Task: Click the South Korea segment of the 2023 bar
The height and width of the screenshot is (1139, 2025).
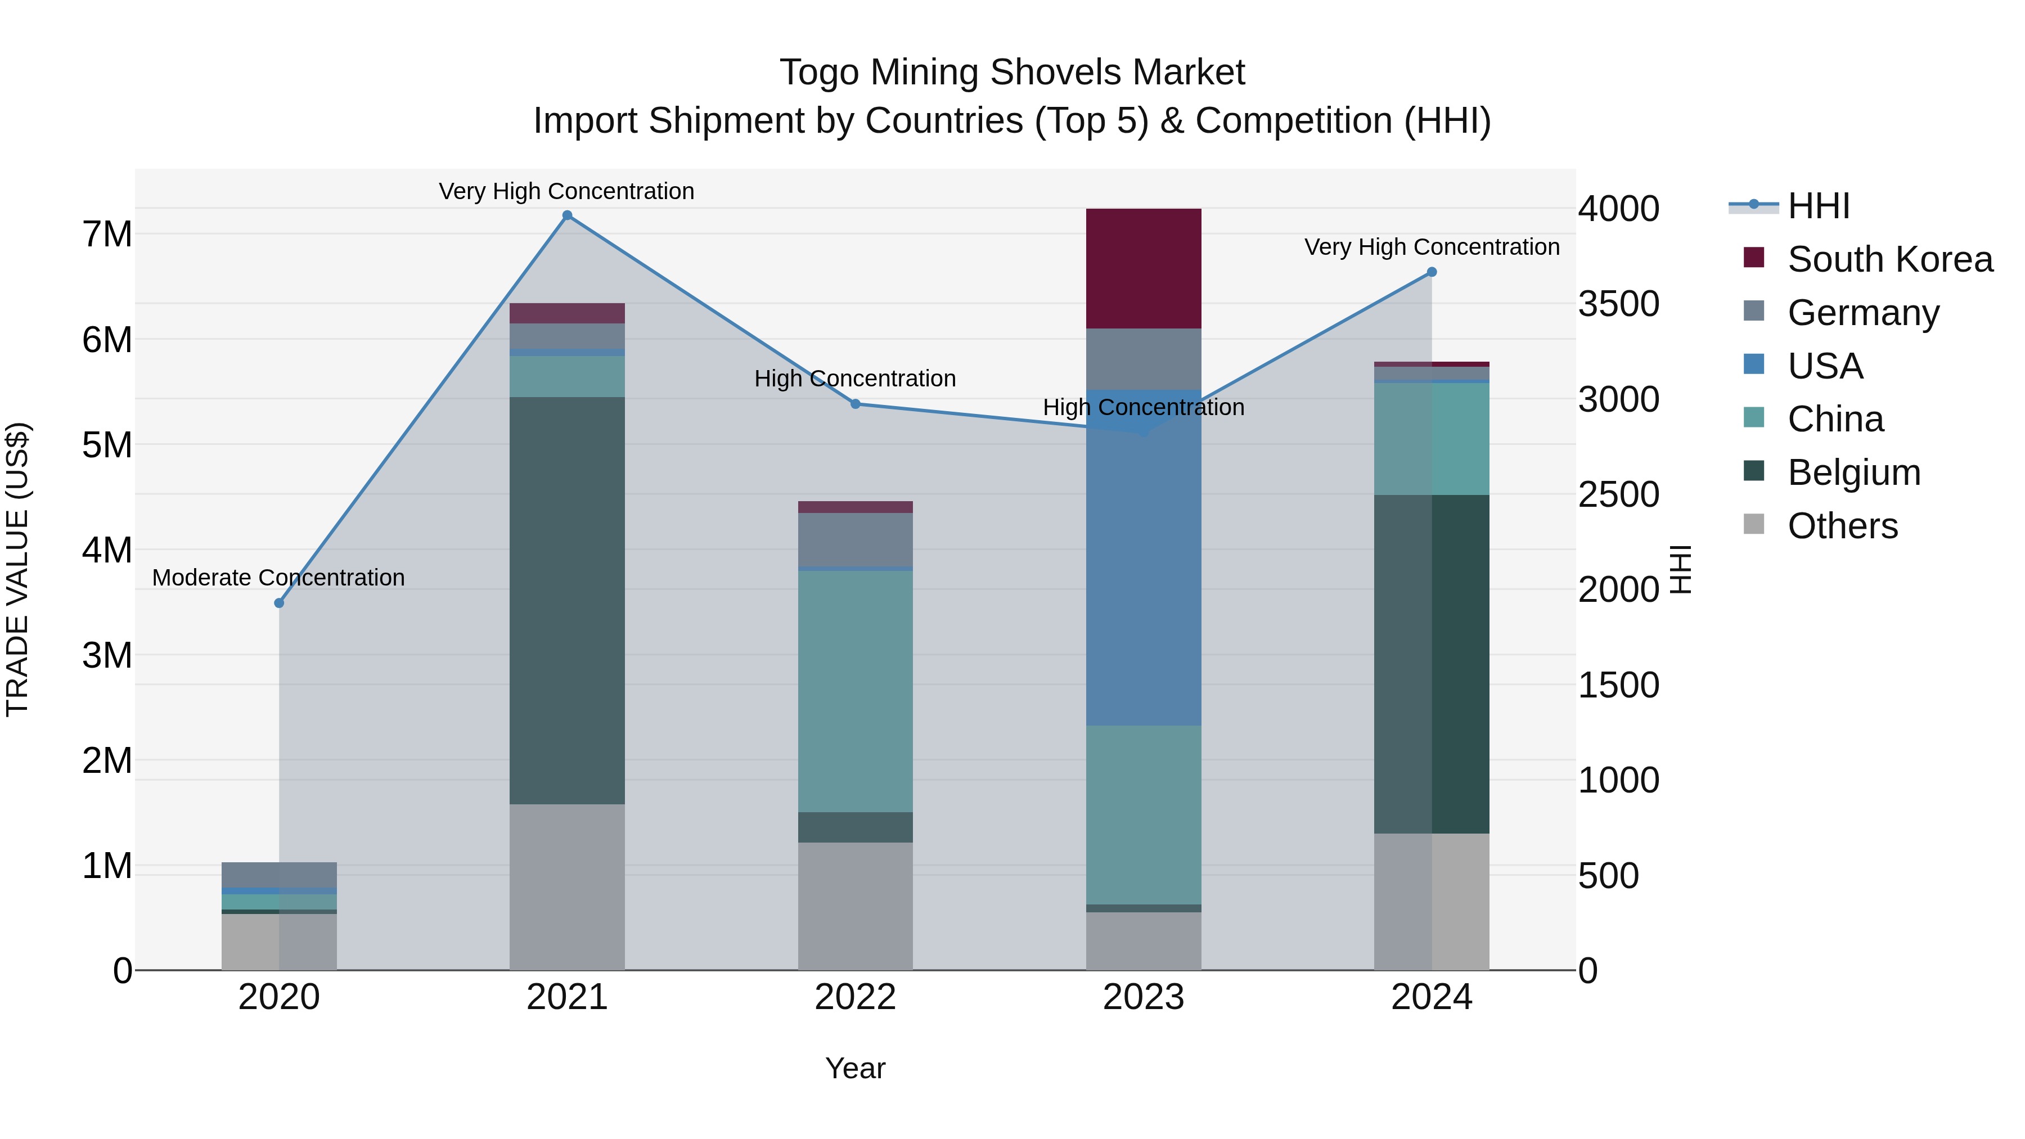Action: [1143, 268]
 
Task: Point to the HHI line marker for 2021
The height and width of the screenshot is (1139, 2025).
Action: [567, 215]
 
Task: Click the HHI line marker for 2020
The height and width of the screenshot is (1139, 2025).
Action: [279, 603]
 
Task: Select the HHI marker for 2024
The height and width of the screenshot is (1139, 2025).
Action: [1432, 272]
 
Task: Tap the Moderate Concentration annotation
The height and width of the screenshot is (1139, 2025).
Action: [278, 578]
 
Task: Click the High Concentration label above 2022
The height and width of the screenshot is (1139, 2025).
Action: [854, 379]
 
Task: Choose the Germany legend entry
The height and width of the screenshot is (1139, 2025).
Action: [1863, 313]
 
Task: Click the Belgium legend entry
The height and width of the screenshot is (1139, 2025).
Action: [1853, 472]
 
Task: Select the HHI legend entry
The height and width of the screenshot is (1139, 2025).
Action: [1817, 206]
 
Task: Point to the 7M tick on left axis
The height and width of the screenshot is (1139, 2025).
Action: [107, 234]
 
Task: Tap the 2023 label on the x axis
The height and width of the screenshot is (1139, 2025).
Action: [1143, 997]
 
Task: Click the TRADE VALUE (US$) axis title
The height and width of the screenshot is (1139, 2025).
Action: [17, 569]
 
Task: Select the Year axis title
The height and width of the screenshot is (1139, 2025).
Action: [855, 1068]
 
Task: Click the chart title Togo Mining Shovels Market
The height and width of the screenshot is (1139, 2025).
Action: [1012, 73]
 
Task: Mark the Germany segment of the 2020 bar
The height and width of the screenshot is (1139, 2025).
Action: [279, 875]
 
